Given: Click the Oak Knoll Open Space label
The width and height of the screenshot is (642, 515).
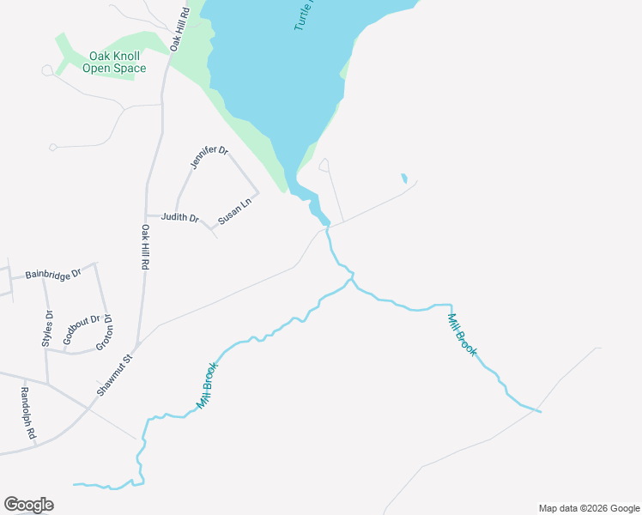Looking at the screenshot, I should click(114, 63).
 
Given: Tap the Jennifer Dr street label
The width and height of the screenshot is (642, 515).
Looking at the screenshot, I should click(209, 158).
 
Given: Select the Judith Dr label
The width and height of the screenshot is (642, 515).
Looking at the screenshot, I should click(179, 217).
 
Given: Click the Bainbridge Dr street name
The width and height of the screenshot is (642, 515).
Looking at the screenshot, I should click(52, 275).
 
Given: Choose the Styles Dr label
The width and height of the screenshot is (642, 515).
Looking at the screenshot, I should click(47, 329).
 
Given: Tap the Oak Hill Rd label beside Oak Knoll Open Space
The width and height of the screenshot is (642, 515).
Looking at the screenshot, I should click(179, 31).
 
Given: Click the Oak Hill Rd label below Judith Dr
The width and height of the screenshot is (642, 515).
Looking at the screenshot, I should click(145, 249).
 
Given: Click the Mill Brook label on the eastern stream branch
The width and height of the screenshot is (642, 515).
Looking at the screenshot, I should click(461, 335).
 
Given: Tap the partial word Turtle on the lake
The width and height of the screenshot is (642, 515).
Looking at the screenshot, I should click(306, 15).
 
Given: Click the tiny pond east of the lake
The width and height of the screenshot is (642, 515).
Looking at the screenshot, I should click(403, 179).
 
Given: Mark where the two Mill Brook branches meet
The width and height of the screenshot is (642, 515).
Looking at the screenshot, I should click(350, 278).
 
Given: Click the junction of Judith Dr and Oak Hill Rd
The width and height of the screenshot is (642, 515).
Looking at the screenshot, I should click(147, 215).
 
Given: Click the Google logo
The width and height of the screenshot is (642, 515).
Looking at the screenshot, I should click(29, 505).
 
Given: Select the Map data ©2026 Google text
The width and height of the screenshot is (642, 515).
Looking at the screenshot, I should click(589, 508).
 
